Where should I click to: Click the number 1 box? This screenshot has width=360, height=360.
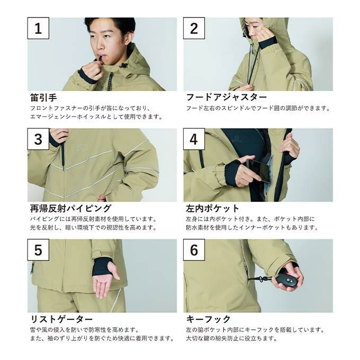tap(38, 28)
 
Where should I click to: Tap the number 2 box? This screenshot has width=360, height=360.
tap(194, 28)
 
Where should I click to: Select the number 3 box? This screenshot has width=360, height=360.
tap(38, 139)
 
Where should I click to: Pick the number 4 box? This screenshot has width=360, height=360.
tap(194, 139)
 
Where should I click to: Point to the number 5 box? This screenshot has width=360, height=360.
tap(38, 250)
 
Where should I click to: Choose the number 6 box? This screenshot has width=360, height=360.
tap(194, 250)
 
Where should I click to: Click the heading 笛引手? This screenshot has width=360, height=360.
tap(43, 97)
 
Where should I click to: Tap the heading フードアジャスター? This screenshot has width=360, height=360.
tap(227, 97)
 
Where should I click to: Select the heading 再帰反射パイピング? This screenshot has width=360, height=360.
tap(71, 209)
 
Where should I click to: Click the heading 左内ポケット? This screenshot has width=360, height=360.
tap(213, 209)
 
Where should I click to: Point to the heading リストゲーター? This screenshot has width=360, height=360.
tap(61, 319)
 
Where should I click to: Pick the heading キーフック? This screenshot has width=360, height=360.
tap(208, 319)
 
